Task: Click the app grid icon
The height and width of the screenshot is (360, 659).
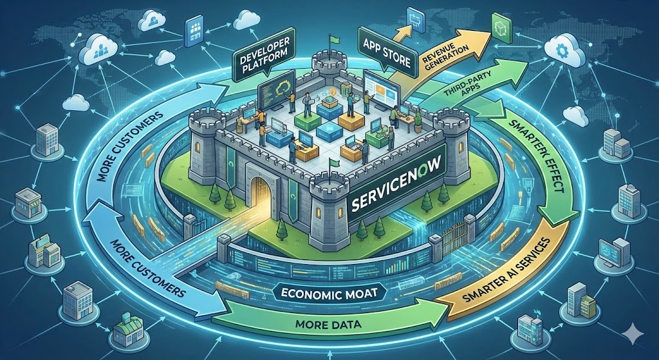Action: tap(194, 30)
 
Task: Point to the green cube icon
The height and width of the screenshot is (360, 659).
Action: tap(500, 26)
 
